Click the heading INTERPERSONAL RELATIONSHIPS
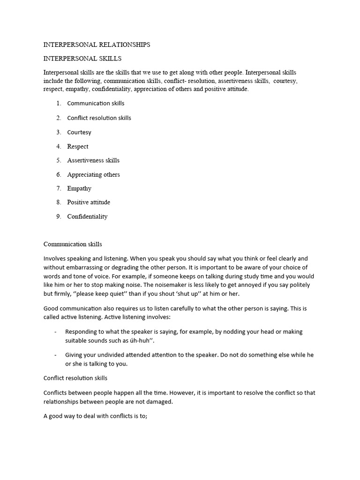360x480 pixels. click(97, 45)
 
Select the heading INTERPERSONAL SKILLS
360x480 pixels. click(82, 59)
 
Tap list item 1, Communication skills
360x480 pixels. click(96, 103)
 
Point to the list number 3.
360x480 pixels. click(59, 132)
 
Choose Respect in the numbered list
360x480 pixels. click(78, 146)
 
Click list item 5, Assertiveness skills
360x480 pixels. click(93, 160)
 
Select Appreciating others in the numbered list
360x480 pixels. click(93, 174)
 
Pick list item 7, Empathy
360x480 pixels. click(79, 188)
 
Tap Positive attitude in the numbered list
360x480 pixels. click(89, 202)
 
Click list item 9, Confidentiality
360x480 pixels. click(87, 217)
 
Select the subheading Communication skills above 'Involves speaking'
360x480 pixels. click(73, 244)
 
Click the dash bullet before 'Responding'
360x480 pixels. click(56, 332)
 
